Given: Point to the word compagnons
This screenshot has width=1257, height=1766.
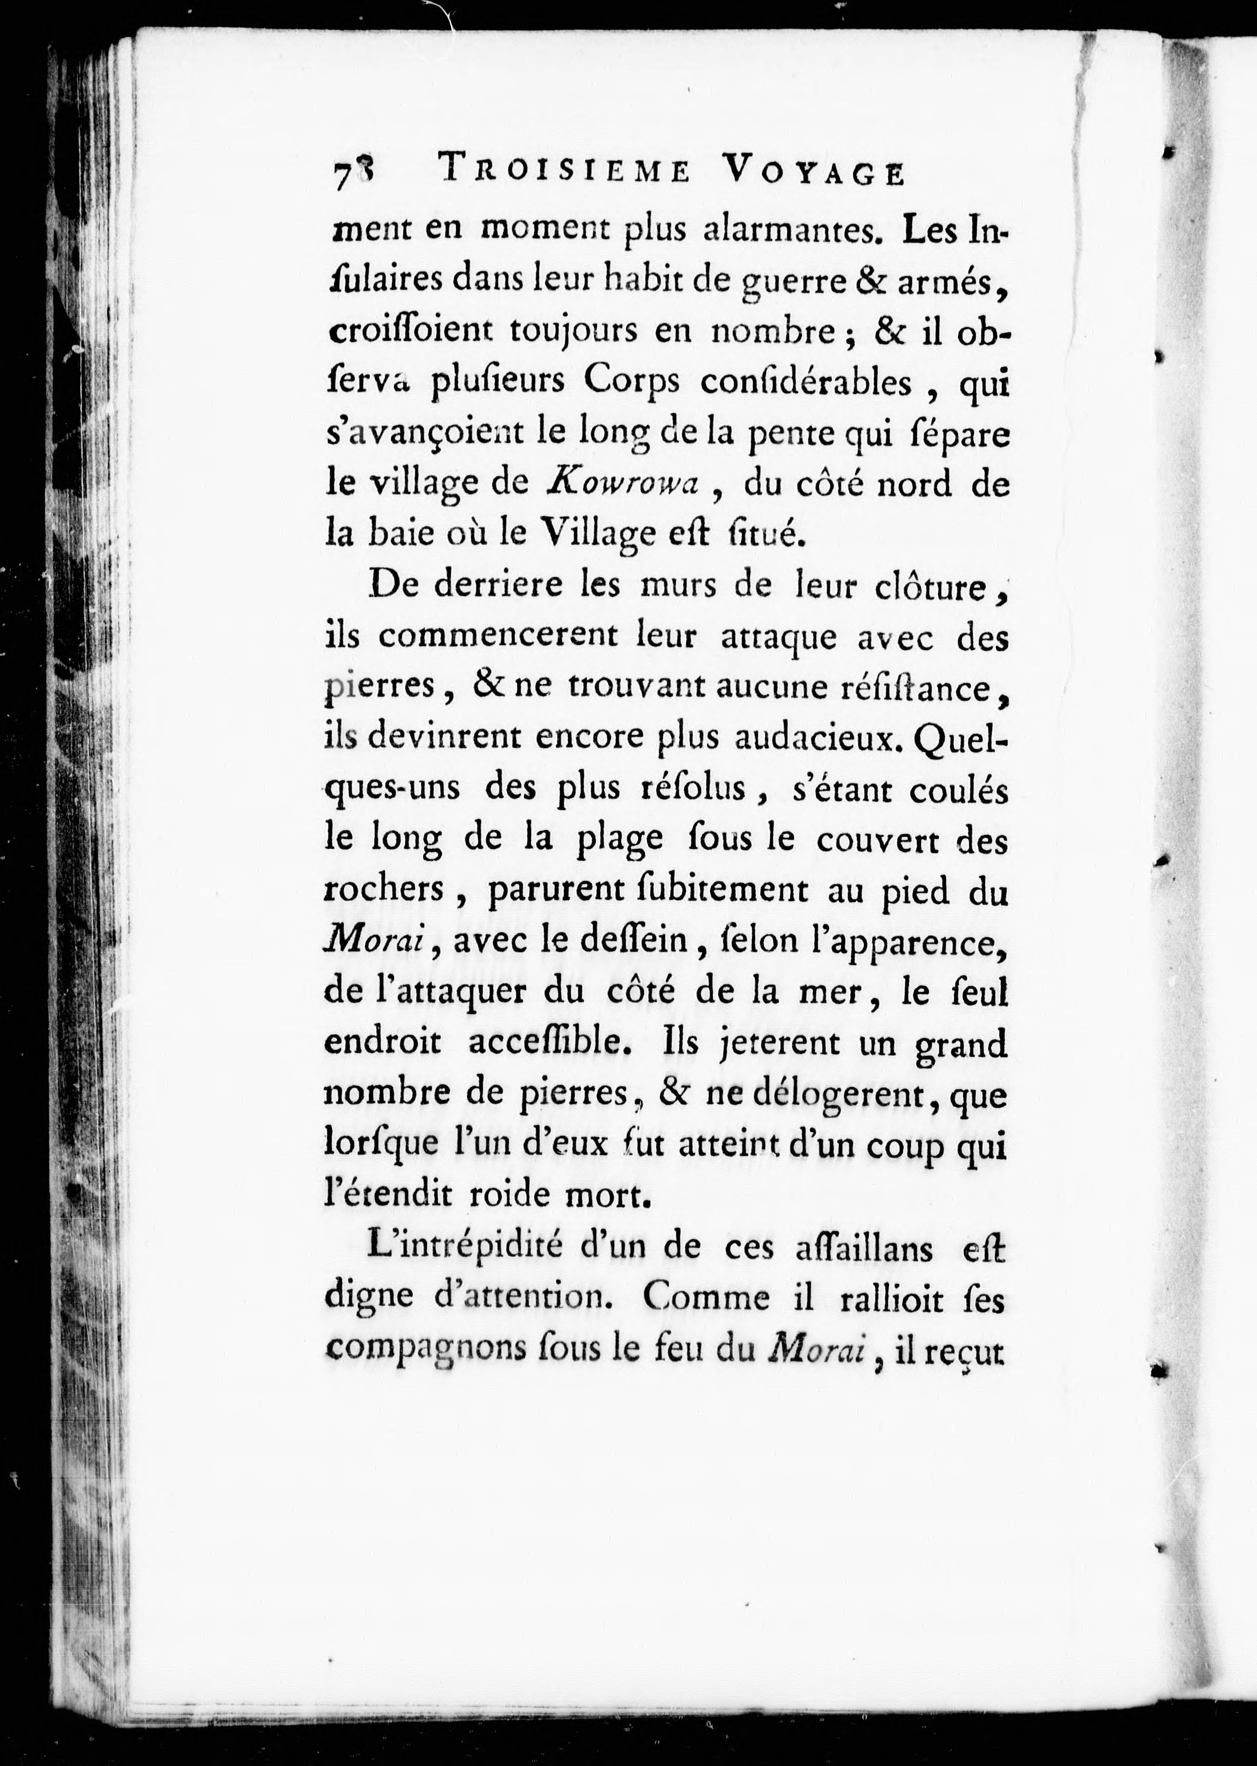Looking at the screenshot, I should (x=413, y=1351).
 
